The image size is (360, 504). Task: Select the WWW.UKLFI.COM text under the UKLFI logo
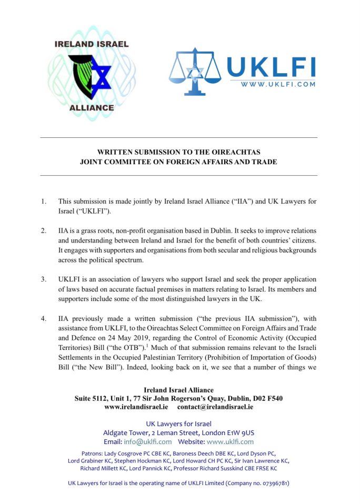point(277,84)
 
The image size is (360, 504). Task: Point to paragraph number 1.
point(44,201)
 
